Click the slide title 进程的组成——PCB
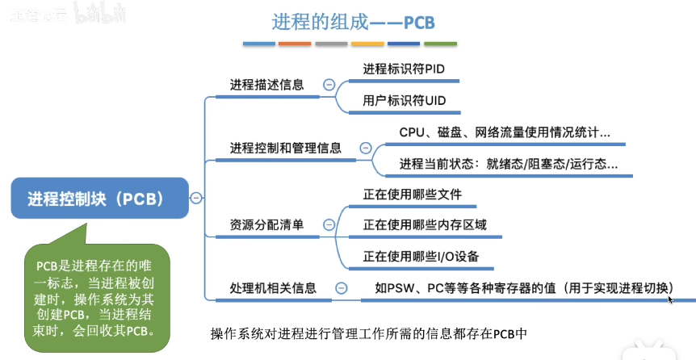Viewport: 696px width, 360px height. click(349, 19)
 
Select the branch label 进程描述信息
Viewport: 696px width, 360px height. click(267, 85)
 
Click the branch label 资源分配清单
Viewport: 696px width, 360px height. click(267, 224)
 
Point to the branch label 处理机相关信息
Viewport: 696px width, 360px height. click(273, 287)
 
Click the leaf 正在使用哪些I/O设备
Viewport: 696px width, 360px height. click(421, 257)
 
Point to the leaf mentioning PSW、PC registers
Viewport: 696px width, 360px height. click(524, 287)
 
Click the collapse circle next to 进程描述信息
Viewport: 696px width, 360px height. click(329, 85)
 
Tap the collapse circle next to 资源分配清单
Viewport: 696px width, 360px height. click(329, 225)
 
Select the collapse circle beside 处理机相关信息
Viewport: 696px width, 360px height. click(342, 287)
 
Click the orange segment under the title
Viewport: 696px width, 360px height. click(295, 43)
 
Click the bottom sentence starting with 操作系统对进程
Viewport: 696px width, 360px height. click(368, 332)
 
